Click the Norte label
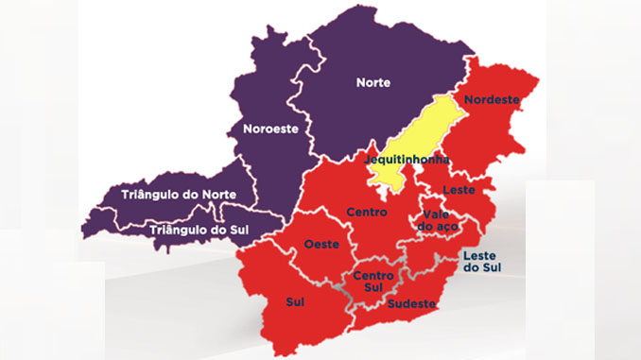(x=372, y=82)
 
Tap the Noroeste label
(x=272, y=129)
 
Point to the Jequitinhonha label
(x=408, y=161)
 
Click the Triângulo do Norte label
(x=179, y=195)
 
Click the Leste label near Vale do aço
(x=459, y=190)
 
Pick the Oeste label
(x=321, y=245)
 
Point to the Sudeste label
(x=411, y=303)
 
